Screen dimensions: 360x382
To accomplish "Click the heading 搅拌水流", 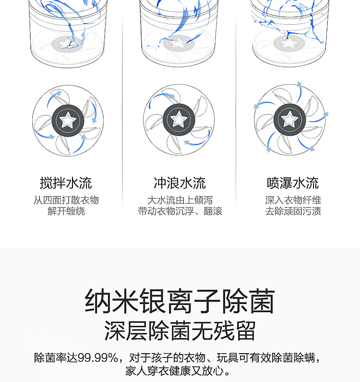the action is [x=66, y=183].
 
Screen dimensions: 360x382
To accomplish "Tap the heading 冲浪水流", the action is [x=180, y=183].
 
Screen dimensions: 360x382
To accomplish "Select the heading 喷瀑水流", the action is [x=293, y=183].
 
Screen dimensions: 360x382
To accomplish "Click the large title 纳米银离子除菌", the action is [x=180, y=301].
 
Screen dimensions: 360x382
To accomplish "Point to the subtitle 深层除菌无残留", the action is [x=180, y=331].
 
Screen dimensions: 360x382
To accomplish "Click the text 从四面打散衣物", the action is [x=66, y=200].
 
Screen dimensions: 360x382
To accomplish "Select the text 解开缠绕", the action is [x=66, y=211].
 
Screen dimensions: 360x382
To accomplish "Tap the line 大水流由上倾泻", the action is [x=180, y=200].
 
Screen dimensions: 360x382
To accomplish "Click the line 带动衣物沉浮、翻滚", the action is [x=180, y=211].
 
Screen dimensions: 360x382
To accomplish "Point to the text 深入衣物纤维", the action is [x=293, y=200].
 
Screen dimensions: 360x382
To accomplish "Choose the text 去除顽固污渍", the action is [x=293, y=211].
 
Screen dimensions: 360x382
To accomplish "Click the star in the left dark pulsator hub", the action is [x=68, y=120].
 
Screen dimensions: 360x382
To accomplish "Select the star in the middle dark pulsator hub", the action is [x=179, y=119].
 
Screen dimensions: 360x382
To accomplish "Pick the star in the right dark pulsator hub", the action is [x=289, y=119].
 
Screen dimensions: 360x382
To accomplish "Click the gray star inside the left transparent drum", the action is [x=66, y=44].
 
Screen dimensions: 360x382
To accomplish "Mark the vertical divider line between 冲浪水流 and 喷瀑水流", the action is [x=236, y=112].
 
